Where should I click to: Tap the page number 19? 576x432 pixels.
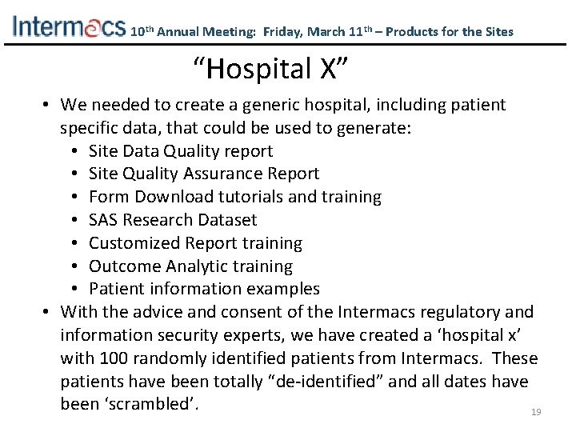(536, 412)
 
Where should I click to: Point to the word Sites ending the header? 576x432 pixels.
(496, 32)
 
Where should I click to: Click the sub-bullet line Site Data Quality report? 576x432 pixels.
(181, 150)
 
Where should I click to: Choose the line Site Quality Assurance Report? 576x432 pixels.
(204, 174)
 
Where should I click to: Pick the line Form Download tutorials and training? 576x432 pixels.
(235, 197)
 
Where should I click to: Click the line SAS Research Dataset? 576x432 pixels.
(173, 219)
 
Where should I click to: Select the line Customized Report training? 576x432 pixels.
(195, 242)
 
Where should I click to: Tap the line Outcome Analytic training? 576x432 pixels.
(190, 266)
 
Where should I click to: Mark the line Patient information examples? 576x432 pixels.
(204, 289)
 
